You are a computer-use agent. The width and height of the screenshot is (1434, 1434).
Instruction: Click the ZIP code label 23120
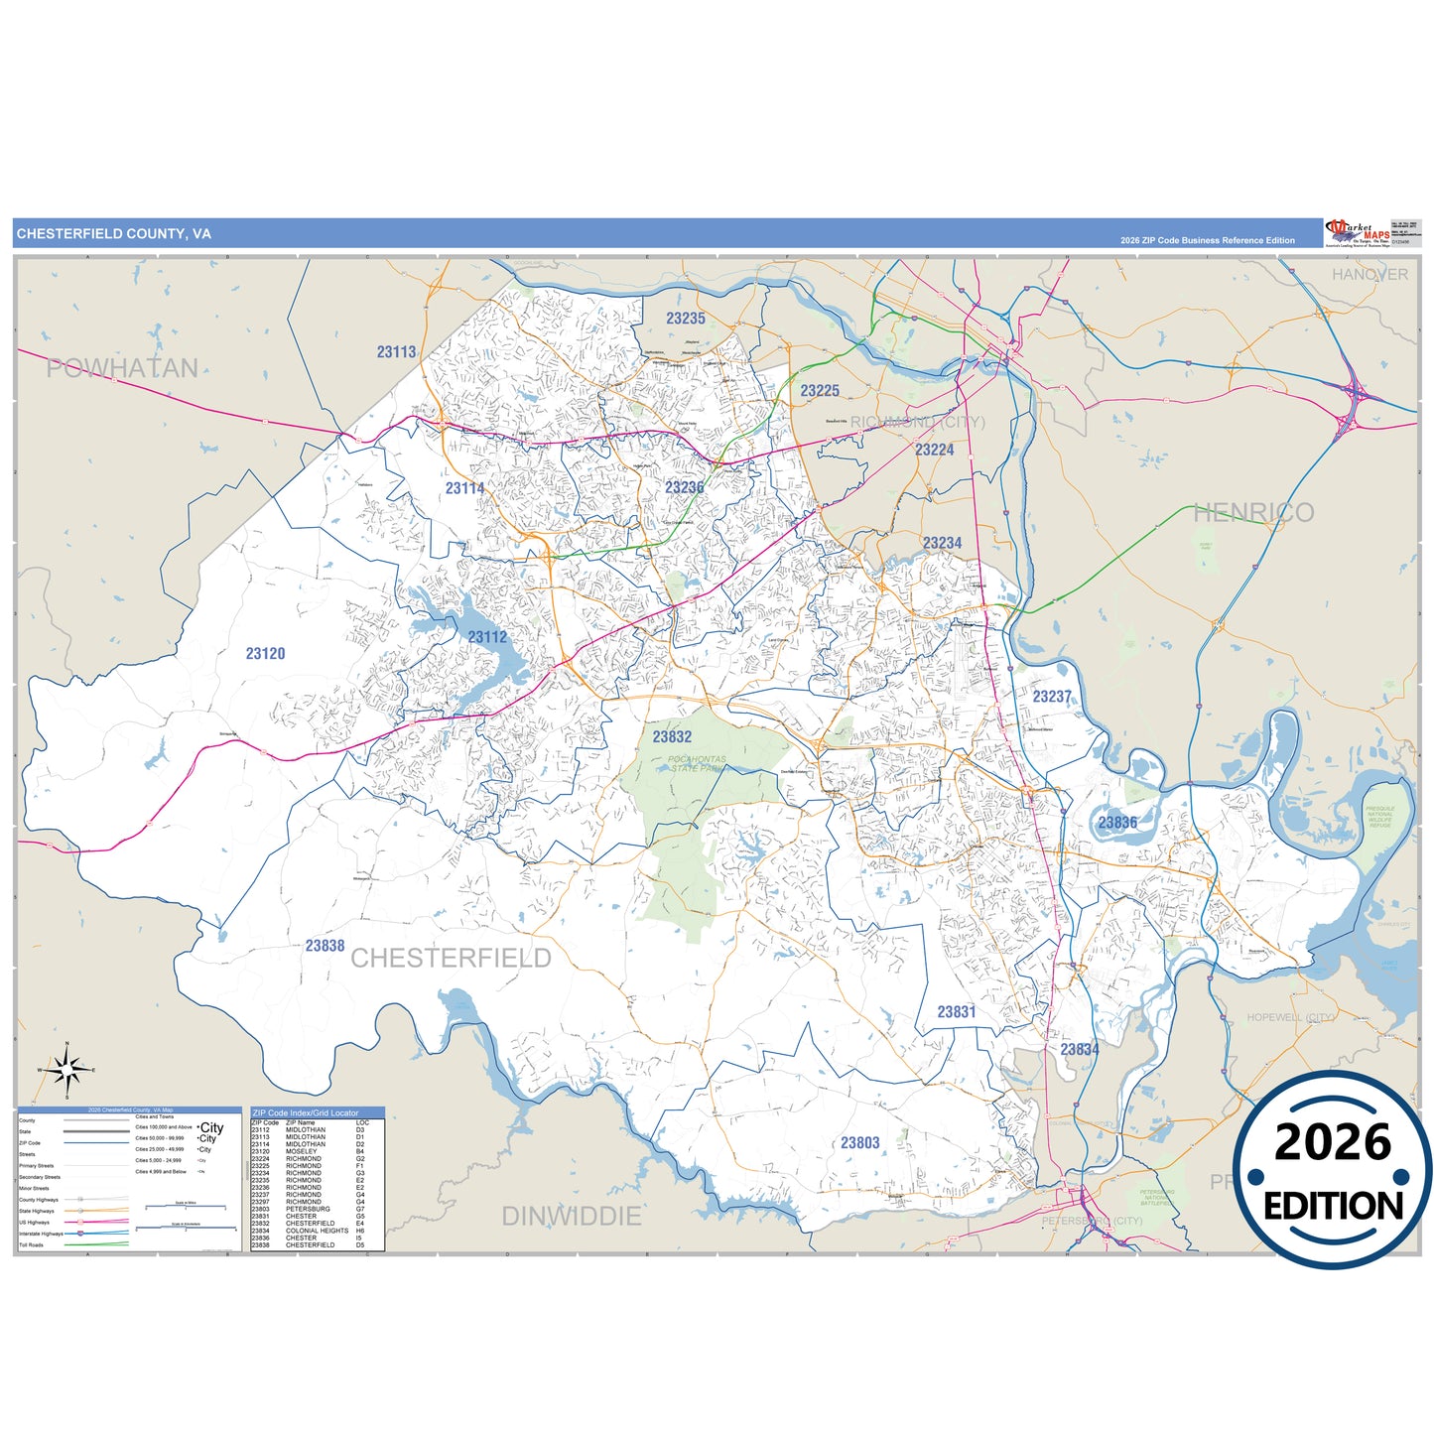[x=265, y=653]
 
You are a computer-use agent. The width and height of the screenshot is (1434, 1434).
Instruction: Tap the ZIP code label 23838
[x=325, y=946]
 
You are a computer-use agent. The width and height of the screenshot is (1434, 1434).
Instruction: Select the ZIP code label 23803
[x=859, y=1143]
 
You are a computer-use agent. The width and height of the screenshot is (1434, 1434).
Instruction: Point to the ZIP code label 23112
[x=487, y=637]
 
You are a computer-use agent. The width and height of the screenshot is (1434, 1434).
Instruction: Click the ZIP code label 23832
[x=672, y=736]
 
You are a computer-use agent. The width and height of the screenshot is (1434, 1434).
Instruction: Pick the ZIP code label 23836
[x=1117, y=823]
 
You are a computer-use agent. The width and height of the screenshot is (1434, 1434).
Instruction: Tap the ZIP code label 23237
[x=1052, y=697]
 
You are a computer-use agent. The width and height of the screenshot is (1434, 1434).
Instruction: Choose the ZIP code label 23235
[x=686, y=319]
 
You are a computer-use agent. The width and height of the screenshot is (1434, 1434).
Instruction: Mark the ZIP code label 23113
[x=396, y=351]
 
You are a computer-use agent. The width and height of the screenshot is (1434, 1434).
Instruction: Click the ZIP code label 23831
[x=957, y=1012]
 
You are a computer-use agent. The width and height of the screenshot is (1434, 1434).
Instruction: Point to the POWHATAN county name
[x=122, y=368]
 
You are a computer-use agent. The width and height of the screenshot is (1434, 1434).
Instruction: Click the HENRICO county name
[x=1253, y=512]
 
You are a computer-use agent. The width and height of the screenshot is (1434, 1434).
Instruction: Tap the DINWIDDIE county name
[x=572, y=1216]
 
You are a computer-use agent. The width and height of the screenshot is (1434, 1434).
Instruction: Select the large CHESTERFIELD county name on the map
[x=451, y=958]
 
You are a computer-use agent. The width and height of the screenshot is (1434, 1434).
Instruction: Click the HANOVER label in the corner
[x=1369, y=274]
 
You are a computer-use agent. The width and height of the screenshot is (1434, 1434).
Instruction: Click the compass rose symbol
[x=66, y=1070]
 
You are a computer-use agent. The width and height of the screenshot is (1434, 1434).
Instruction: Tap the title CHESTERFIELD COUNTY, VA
[x=113, y=234]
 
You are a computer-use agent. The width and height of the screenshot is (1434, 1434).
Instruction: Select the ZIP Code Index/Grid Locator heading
[x=306, y=1112]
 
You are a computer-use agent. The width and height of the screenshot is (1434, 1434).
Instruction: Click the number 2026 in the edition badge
[x=1333, y=1143]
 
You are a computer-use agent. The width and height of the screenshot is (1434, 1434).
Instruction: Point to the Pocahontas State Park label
[x=697, y=763]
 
